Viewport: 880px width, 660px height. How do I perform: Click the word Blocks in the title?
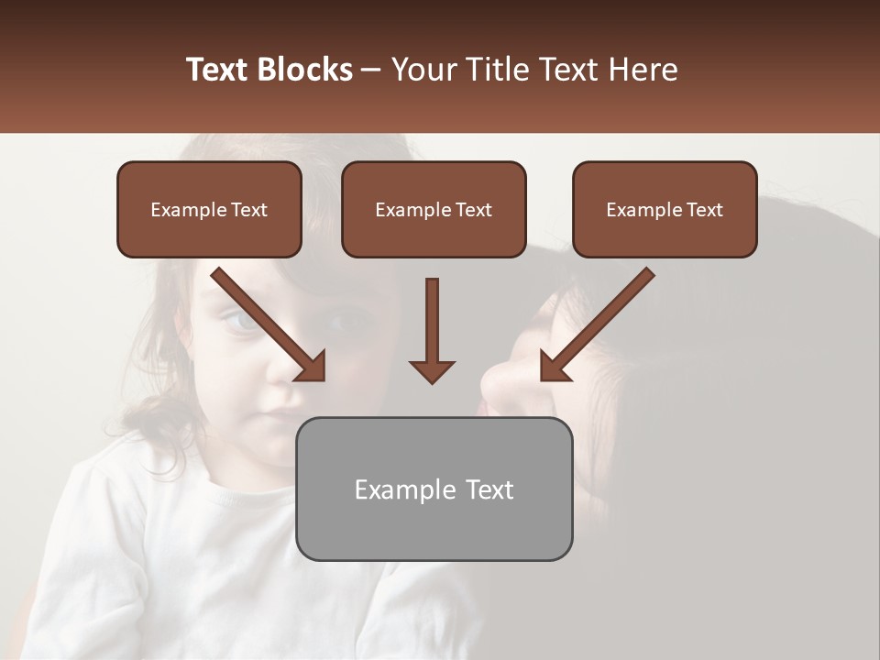click(x=305, y=70)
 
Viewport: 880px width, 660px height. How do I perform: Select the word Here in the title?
click(x=641, y=70)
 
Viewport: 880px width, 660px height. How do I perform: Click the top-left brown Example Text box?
click(x=209, y=209)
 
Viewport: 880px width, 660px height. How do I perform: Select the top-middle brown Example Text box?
click(x=434, y=209)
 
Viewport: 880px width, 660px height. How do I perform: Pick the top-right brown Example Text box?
click(x=665, y=209)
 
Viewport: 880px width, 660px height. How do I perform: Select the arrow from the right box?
click(x=600, y=320)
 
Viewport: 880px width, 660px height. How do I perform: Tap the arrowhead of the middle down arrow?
click(x=432, y=371)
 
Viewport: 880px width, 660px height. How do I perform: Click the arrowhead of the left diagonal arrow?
click(x=312, y=367)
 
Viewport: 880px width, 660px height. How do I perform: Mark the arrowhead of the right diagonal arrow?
click(x=554, y=367)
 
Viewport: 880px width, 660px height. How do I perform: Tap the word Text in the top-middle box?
click(x=474, y=210)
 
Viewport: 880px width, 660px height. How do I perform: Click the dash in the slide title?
click(x=371, y=70)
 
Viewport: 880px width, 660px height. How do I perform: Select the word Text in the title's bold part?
click(x=217, y=70)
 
